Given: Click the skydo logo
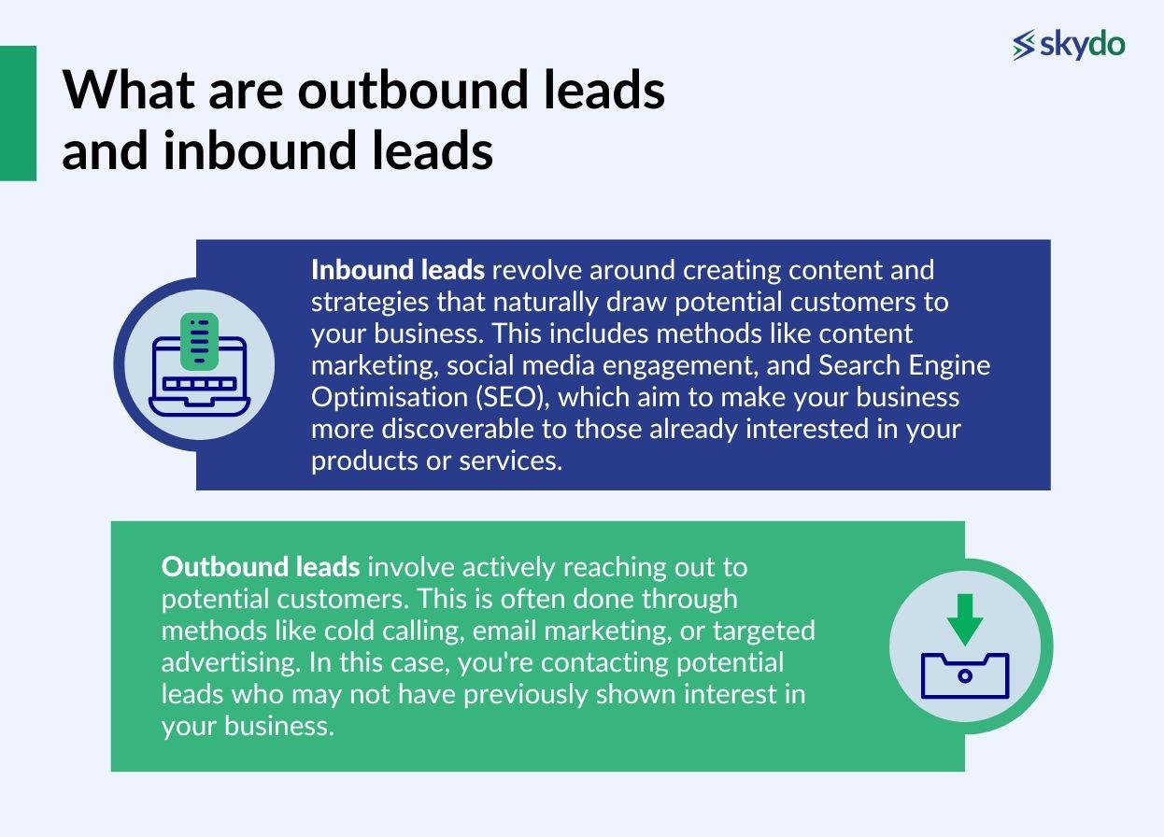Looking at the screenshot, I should click(x=1069, y=44).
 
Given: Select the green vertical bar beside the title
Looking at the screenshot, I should click(x=18, y=113).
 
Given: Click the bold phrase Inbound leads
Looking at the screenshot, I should click(x=397, y=270).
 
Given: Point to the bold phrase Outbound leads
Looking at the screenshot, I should click(x=260, y=567).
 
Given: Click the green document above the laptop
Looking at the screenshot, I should click(x=199, y=340).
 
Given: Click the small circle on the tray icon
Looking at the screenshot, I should click(x=965, y=675).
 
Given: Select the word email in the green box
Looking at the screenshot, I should click(x=504, y=631).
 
